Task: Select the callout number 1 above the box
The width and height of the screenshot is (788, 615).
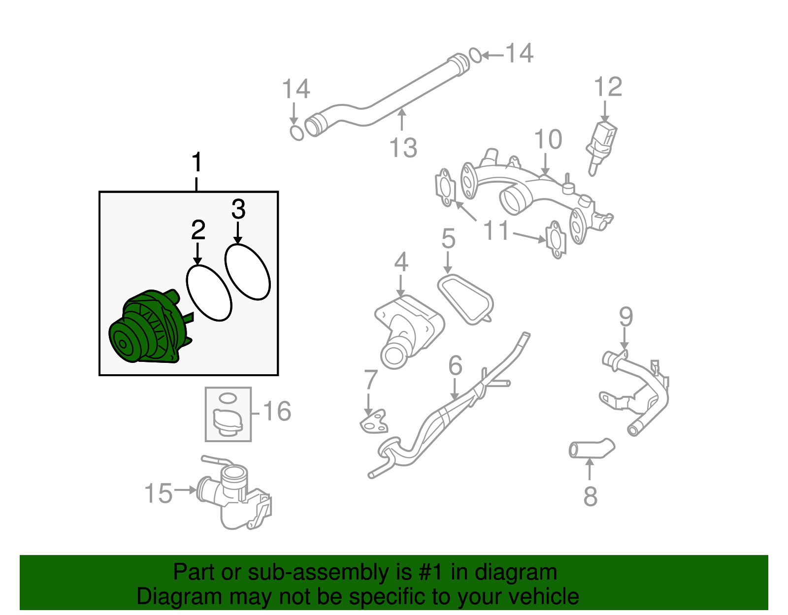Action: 197,163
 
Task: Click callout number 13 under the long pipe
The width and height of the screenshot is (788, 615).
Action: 403,148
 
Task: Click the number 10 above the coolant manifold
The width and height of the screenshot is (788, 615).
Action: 548,140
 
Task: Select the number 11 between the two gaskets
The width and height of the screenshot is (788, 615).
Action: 495,230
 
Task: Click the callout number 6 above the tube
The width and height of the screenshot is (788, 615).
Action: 455,366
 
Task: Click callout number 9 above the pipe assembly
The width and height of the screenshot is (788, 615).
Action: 625,316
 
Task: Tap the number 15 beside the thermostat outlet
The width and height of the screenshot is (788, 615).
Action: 159,493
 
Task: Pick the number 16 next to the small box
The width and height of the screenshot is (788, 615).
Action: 277,411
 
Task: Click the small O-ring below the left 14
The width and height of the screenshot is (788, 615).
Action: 296,133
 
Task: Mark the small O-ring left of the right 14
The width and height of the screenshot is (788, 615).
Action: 475,56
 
